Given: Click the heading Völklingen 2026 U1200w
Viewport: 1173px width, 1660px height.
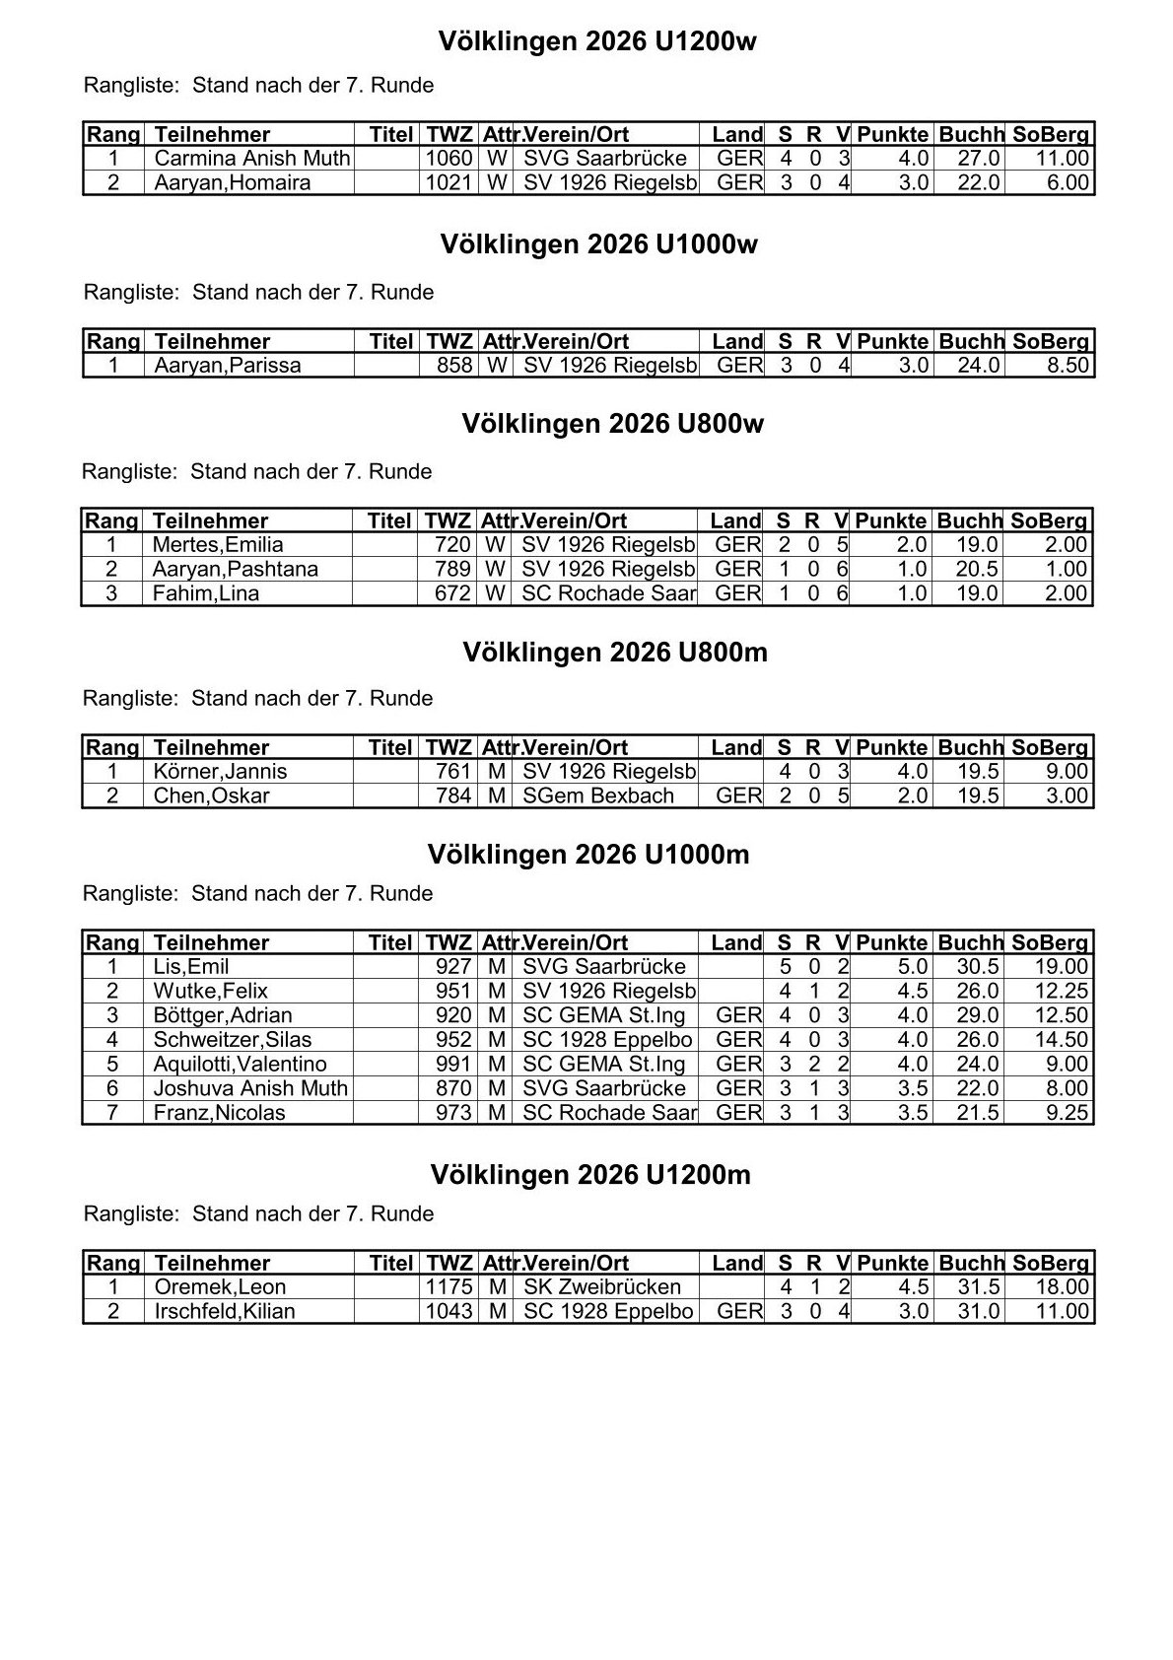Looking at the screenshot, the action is (x=597, y=41).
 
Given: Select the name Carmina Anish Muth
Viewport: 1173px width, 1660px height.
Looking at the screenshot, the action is (x=252, y=159).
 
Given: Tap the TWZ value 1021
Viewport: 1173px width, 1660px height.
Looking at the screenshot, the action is (x=448, y=182).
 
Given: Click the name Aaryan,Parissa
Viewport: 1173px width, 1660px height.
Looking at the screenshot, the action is (x=228, y=366).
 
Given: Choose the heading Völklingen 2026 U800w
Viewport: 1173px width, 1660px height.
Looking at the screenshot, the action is (x=612, y=424).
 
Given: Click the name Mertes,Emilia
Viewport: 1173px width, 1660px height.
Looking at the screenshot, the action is (x=218, y=545).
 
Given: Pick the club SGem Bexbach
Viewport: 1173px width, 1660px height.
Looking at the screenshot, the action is (x=598, y=795).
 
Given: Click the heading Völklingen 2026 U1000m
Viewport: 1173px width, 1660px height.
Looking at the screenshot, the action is (x=588, y=855).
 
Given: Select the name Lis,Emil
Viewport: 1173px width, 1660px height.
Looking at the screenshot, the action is (x=191, y=967).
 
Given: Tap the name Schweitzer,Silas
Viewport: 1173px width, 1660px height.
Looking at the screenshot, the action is (x=233, y=1040).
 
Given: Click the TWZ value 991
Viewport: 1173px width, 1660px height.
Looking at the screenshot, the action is (x=454, y=1064).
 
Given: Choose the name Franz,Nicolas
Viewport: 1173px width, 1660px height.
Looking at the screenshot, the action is (x=219, y=1113).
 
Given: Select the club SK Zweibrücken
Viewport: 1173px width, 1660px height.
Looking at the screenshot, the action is (x=602, y=1287).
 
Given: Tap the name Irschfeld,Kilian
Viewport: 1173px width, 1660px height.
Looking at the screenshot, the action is (x=225, y=1312).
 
